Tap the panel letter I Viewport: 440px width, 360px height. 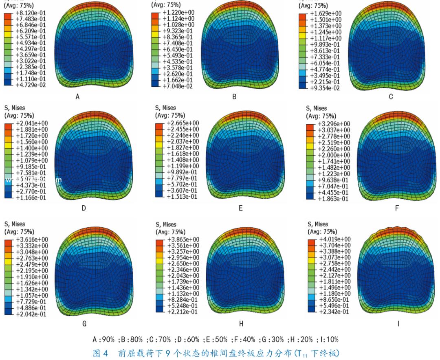pos(398,324)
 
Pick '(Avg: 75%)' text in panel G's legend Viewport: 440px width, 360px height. pos(19,231)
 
